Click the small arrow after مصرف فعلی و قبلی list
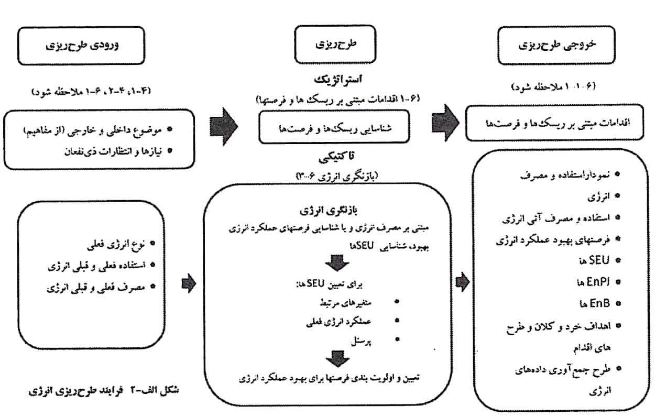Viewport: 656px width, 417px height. click(189, 283)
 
